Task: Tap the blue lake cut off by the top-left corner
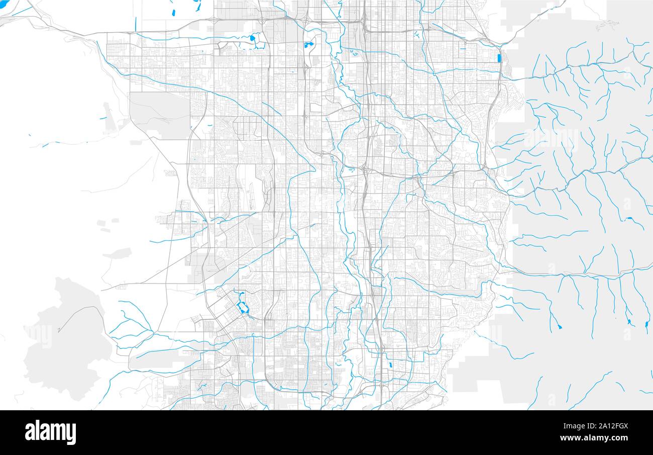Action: click(x=4, y=4)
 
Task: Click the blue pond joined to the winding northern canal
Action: click(x=252, y=38)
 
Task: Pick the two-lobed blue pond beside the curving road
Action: click(x=308, y=45)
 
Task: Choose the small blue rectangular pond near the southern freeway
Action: click(x=390, y=365)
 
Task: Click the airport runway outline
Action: click(x=252, y=196)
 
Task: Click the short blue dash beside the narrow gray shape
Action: click(x=102, y=119)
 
